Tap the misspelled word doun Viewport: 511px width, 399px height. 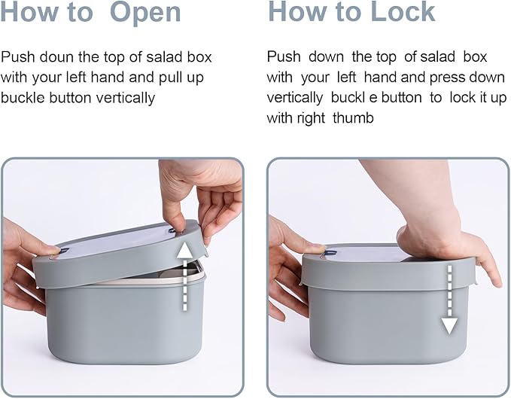click(x=56, y=57)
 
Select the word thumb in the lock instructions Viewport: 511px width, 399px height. click(x=353, y=117)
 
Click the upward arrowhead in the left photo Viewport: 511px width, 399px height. click(x=185, y=250)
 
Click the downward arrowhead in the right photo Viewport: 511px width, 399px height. click(x=450, y=326)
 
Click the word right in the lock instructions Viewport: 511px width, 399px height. click(x=312, y=118)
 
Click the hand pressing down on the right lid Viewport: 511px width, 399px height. click(x=436, y=228)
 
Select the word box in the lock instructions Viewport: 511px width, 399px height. click(x=475, y=57)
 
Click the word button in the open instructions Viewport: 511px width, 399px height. click(x=70, y=98)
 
